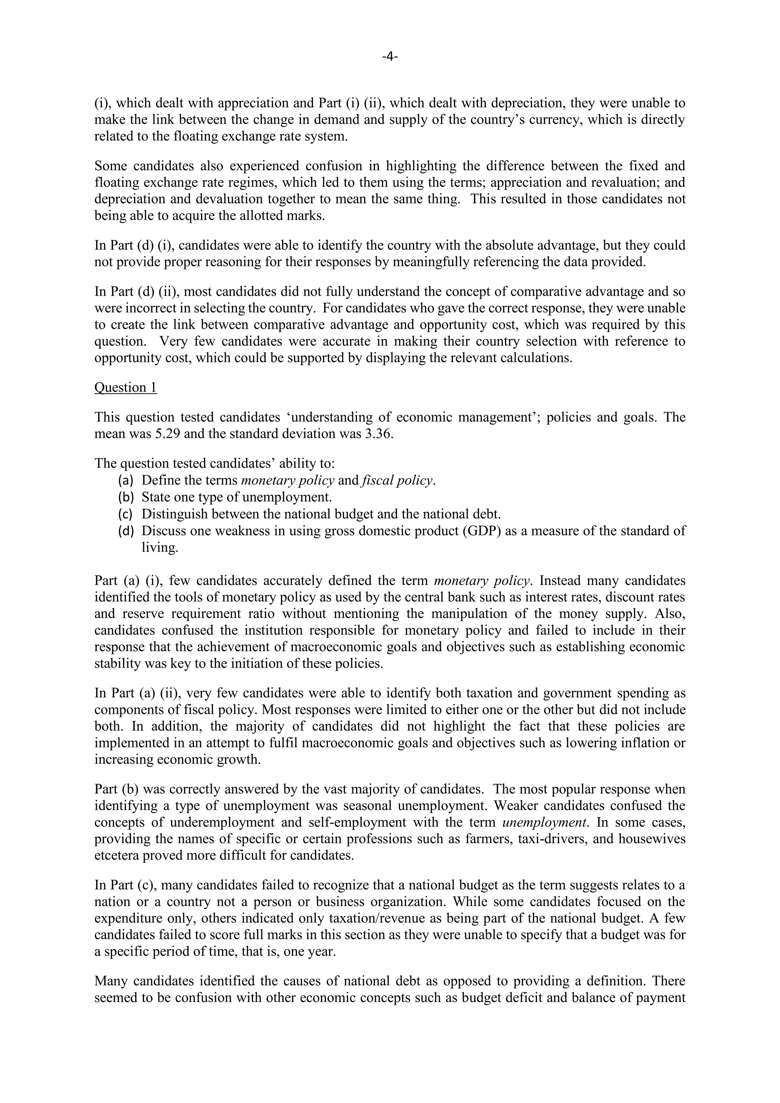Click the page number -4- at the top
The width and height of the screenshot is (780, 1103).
[x=390, y=57]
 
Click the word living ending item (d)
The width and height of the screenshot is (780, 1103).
[x=160, y=547]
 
